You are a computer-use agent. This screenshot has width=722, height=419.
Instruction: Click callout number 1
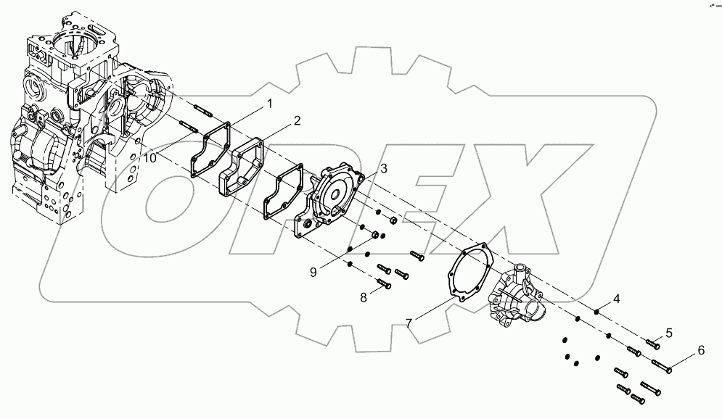(270, 104)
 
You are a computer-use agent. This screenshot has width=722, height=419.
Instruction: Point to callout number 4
(616, 298)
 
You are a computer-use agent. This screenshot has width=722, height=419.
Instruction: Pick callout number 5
(669, 333)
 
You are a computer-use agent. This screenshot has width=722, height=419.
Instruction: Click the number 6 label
(701, 350)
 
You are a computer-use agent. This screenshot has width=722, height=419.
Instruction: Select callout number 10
(148, 158)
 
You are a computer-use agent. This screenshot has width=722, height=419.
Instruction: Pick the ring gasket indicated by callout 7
(468, 276)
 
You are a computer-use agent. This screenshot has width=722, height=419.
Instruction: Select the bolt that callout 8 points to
(385, 285)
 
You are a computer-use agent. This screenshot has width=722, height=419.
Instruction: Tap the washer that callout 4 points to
(596, 312)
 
